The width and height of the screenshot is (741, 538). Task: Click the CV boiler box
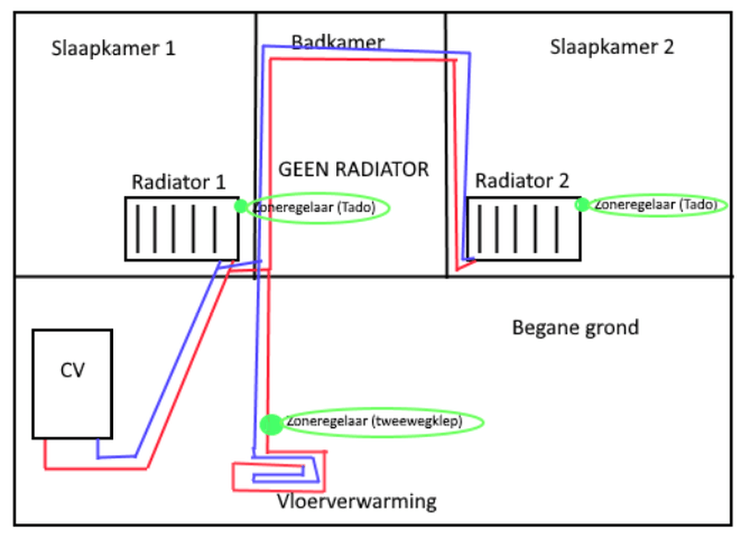tap(72, 383)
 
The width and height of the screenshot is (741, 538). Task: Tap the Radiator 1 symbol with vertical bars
tap(182, 229)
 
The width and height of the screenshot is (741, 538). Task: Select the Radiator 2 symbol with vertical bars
tap(524, 229)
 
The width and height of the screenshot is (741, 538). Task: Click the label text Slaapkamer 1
tap(113, 48)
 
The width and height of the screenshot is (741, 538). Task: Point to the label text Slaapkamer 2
tap(612, 46)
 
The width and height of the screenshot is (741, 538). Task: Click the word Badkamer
tap(338, 42)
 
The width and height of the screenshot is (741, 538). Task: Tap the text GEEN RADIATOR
tap(353, 169)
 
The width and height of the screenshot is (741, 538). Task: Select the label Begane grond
tap(575, 328)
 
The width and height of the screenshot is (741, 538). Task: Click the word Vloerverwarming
tap(357, 501)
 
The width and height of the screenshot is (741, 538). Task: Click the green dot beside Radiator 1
tap(240, 207)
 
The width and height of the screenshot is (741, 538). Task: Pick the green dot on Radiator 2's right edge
tap(582, 205)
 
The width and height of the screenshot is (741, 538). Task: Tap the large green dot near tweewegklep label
tap(270, 424)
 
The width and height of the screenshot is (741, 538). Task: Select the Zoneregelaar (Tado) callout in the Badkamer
tap(319, 208)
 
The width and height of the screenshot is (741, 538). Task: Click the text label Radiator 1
tap(178, 182)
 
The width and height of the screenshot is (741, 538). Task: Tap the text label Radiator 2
tap(522, 180)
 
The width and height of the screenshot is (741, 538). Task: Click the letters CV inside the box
tap(72, 371)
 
